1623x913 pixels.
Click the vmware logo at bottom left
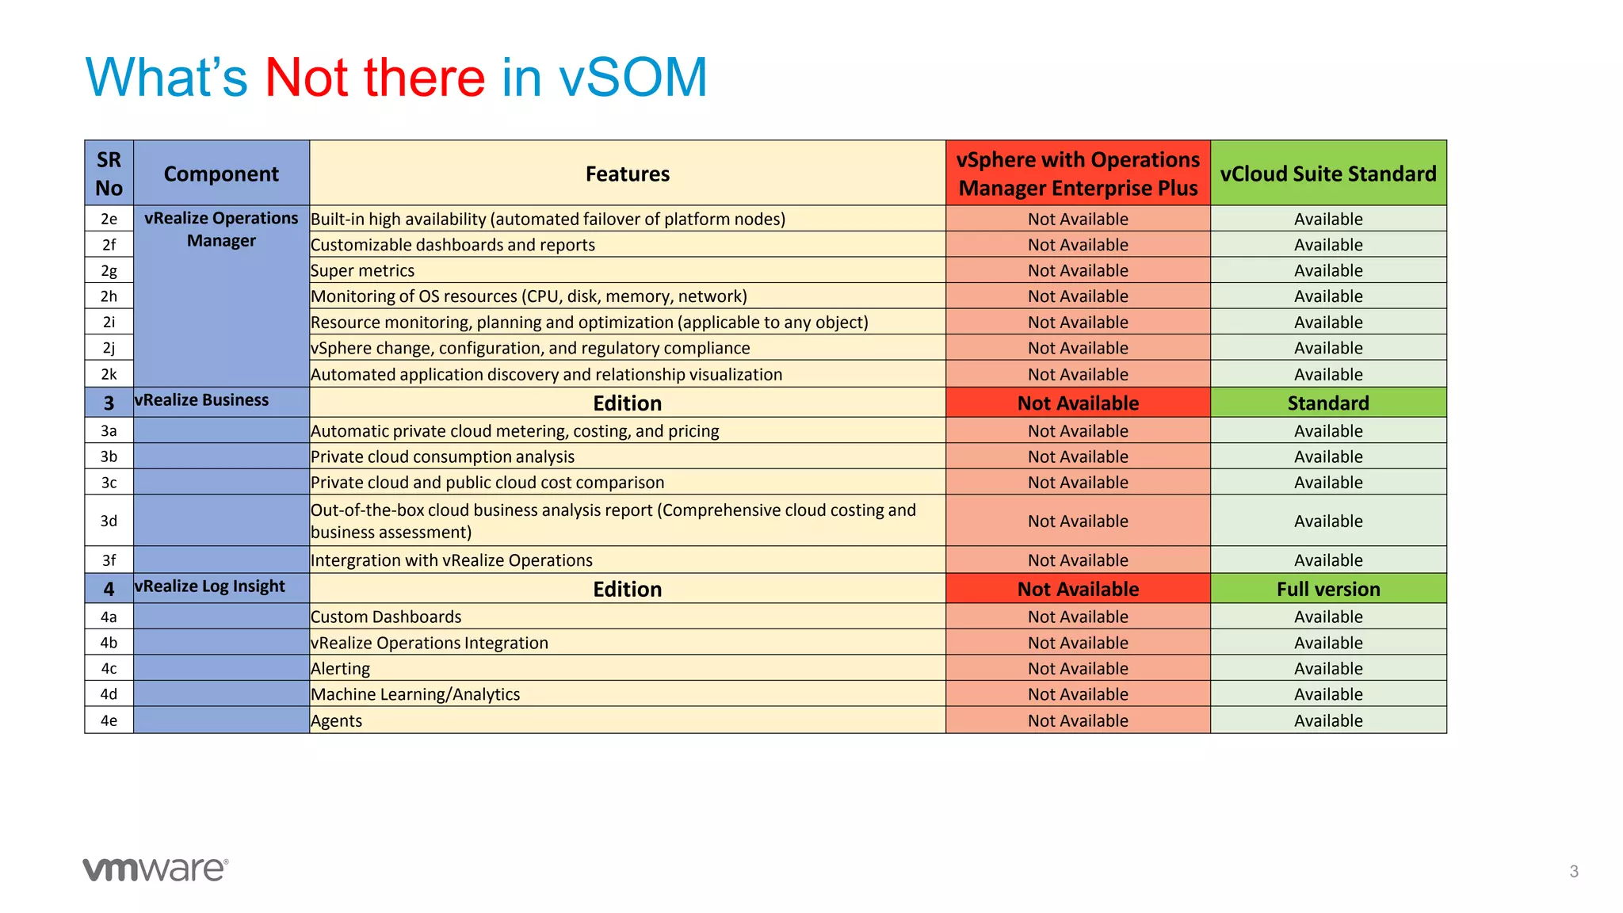[155, 869]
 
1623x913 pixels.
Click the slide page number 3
[1573, 872]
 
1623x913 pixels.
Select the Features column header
[627, 174]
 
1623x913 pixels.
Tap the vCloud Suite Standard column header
[1327, 174]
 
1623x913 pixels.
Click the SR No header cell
[109, 174]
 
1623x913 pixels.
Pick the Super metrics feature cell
[362, 271]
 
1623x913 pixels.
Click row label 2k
[109, 374]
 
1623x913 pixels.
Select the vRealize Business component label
[201, 400]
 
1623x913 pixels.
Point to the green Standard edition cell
[1327, 403]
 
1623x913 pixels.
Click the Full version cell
[1327, 590]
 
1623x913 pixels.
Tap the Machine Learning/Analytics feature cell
[415, 695]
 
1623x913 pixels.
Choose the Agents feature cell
[336, 721]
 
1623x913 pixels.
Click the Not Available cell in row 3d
[1078, 521]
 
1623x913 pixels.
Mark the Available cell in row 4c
[1327, 669]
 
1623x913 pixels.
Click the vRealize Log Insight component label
[209, 586]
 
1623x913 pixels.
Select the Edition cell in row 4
[627, 590]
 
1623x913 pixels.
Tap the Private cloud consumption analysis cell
[442, 457]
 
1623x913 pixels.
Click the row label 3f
[109, 560]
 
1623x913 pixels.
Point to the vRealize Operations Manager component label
[221, 229]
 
